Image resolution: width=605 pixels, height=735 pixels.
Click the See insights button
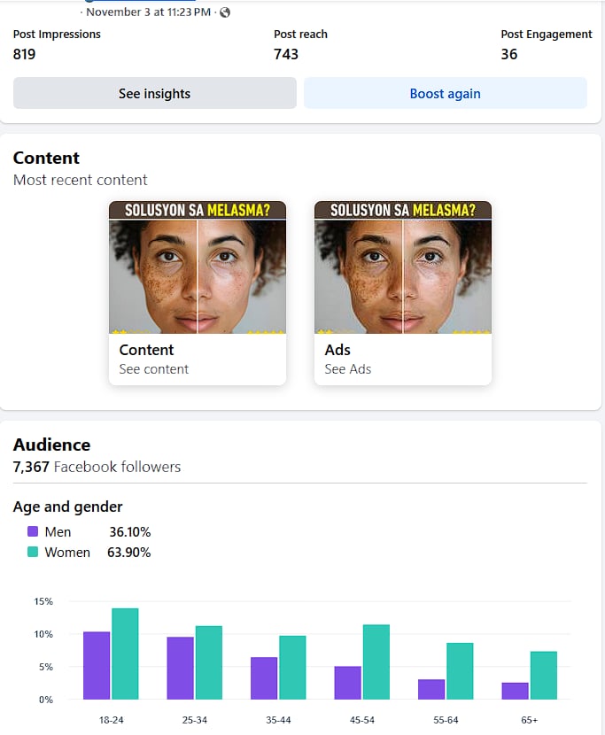[154, 93]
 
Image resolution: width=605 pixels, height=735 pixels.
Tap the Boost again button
[445, 93]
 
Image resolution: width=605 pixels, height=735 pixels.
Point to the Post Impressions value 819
[24, 54]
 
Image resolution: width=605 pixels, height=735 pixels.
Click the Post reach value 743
[286, 54]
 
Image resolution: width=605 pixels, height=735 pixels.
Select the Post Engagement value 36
[508, 54]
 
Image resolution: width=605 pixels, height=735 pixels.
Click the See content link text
[153, 369]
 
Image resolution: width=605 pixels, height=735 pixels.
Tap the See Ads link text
[347, 369]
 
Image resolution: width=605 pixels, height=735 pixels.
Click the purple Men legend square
[33, 532]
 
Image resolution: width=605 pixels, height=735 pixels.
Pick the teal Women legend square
[33, 552]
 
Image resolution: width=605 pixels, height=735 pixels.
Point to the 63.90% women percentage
[129, 553]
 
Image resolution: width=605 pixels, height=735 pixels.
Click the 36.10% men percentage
[129, 532]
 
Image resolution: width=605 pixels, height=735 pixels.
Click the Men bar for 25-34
[180, 668]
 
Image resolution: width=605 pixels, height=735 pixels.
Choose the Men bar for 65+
[515, 691]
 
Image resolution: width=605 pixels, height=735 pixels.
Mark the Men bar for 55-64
[431, 689]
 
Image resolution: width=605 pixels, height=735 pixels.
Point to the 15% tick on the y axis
[43, 601]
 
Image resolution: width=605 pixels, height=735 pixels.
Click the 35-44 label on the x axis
[278, 720]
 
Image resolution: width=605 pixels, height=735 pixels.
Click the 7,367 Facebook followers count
[32, 467]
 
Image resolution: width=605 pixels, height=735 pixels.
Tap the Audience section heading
[51, 445]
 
